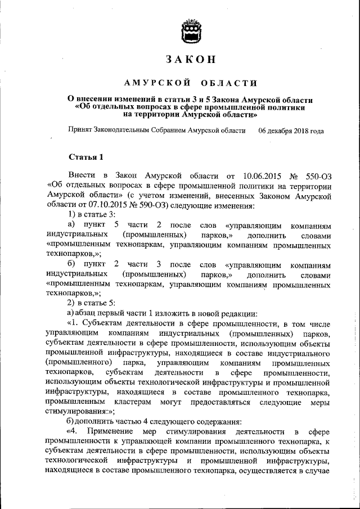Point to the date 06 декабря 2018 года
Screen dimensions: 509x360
click(x=291, y=130)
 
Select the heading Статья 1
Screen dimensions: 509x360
click(x=85, y=156)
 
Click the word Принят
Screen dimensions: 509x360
click(x=80, y=130)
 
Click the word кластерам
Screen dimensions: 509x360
click(x=139, y=401)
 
